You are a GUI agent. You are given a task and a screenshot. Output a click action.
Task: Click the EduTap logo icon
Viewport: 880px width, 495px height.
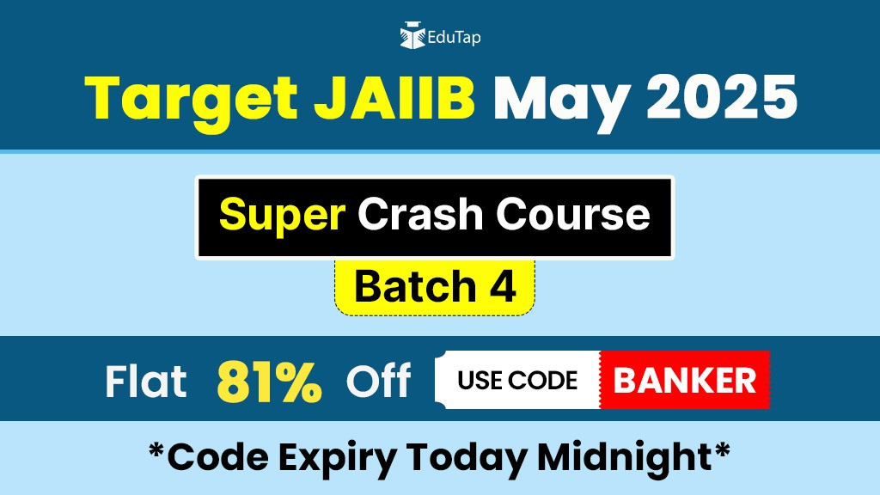tap(412, 35)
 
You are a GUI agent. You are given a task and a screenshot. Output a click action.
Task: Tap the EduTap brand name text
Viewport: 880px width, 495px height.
tap(454, 38)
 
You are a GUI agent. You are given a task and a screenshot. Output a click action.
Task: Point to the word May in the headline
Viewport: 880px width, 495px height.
tap(561, 101)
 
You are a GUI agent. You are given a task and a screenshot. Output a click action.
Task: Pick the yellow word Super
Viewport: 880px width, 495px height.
tap(282, 216)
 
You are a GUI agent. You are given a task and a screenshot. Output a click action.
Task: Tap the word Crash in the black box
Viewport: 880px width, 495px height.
tap(420, 214)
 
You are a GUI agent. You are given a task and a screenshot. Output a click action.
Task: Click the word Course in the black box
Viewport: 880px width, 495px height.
tap(573, 214)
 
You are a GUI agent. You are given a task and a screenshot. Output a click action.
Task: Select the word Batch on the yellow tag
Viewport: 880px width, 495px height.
tap(416, 286)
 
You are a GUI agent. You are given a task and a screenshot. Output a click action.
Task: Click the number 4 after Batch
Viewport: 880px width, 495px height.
tap(503, 286)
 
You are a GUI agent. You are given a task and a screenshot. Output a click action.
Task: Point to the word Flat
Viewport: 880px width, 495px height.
tap(146, 381)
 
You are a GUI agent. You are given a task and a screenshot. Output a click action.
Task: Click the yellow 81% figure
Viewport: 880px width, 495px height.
tap(269, 381)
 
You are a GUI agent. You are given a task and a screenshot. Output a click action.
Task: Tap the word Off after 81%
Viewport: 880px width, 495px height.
tap(378, 380)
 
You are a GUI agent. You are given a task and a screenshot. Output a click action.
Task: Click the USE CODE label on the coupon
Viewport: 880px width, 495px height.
tap(517, 380)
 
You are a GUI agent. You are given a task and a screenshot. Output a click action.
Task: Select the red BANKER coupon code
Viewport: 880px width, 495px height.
tap(685, 380)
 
